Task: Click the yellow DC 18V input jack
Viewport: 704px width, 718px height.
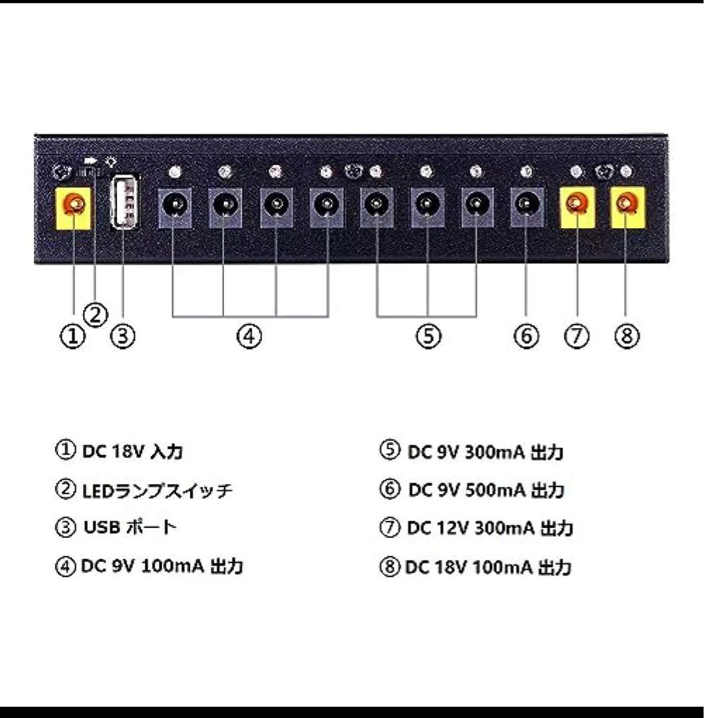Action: tap(73, 208)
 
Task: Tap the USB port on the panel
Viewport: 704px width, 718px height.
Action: tap(126, 201)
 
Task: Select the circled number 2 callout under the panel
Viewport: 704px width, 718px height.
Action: tap(96, 315)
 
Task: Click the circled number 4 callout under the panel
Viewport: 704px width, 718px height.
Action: tap(249, 336)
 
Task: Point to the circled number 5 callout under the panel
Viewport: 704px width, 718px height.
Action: tap(428, 336)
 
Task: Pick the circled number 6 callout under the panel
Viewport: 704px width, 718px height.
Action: tap(527, 336)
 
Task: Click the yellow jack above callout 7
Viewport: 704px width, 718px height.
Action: tap(577, 207)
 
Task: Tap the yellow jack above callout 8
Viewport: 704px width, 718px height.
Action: tap(628, 207)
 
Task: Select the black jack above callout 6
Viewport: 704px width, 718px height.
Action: tap(527, 207)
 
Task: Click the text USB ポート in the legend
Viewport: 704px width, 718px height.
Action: tap(130, 527)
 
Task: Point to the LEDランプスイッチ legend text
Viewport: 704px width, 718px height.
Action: tap(158, 491)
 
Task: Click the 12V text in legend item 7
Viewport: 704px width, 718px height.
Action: tap(453, 528)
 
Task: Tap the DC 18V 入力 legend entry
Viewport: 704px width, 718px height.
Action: tap(133, 451)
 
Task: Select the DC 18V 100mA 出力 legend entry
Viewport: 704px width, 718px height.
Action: tap(489, 567)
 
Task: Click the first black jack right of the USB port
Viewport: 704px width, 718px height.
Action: tap(174, 207)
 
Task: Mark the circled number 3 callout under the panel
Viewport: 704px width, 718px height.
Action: tap(123, 336)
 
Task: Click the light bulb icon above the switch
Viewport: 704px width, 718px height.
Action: tap(111, 162)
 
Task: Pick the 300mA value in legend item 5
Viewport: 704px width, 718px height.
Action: tap(495, 453)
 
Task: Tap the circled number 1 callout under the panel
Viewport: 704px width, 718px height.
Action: tap(72, 336)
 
